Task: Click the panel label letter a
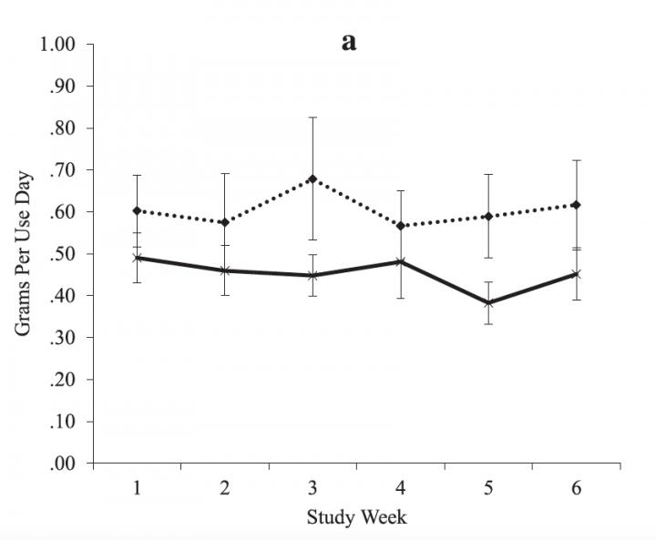pyautogui.click(x=349, y=42)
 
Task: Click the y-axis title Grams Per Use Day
pyautogui.click(x=24, y=252)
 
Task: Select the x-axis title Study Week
pyautogui.click(x=356, y=518)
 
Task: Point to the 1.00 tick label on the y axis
pyautogui.click(x=65, y=45)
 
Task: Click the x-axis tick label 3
pyautogui.click(x=313, y=487)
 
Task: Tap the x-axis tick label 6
pyautogui.click(x=577, y=487)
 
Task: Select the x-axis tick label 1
pyautogui.click(x=137, y=487)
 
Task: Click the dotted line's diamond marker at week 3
pyautogui.click(x=313, y=178)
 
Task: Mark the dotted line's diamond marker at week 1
pyautogui.click(x=137, y=210)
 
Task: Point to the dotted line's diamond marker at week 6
pyautogui.click(x=577, y=205)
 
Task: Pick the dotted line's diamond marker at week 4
pyautogui.click(x=400, y=226)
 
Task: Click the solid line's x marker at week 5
pyautogui.click(x=488, y=303)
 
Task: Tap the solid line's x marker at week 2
pyautogui.click(x=224, y=270)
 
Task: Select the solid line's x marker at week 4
pyautogui.click(x=400, y=262)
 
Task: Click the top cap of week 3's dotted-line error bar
pyautogui.click(x=313, y=117)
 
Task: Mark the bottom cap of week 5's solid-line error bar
pyautogui.click(x=488, y=324)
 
